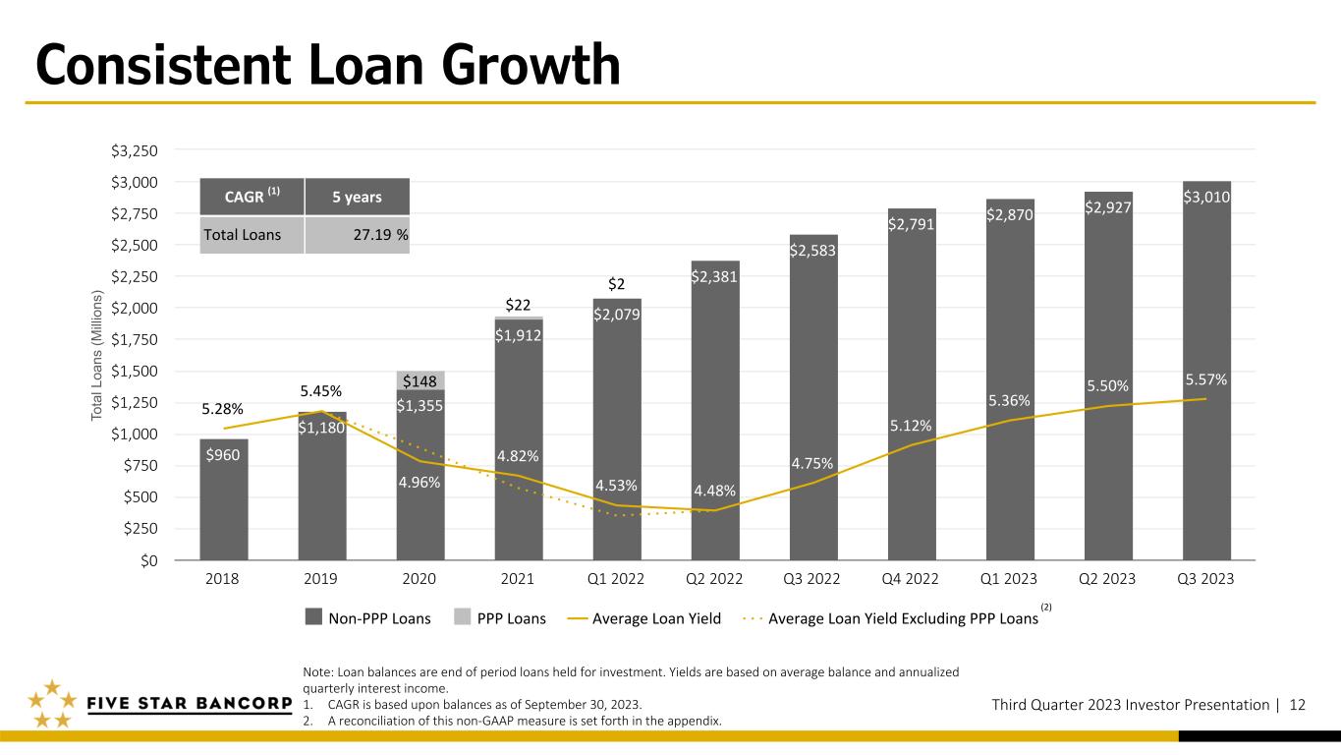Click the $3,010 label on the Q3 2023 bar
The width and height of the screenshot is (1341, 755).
1206,198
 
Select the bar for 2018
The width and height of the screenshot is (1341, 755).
223,499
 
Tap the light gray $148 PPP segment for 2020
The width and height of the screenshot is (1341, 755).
420,380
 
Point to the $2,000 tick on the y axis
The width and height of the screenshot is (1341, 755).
134,308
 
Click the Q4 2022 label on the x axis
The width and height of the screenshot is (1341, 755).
910,579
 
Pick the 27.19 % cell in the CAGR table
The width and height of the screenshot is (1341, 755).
358,235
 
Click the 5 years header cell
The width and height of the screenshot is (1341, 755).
358,197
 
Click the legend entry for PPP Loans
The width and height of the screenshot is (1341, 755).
500,617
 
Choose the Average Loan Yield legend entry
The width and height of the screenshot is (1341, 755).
644,618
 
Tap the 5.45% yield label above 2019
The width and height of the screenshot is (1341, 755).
321,391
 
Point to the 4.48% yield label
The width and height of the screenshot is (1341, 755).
715,491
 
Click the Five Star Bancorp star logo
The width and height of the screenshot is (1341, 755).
53,704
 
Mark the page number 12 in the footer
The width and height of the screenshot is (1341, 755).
1298,705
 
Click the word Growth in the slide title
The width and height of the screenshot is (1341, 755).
531,65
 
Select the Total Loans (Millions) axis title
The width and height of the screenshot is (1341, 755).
96,355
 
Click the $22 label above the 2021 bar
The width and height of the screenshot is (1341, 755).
518,305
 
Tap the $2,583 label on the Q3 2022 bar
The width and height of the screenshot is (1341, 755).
812,251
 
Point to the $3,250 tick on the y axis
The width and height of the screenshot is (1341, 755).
134,150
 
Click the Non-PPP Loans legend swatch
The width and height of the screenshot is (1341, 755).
313,616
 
